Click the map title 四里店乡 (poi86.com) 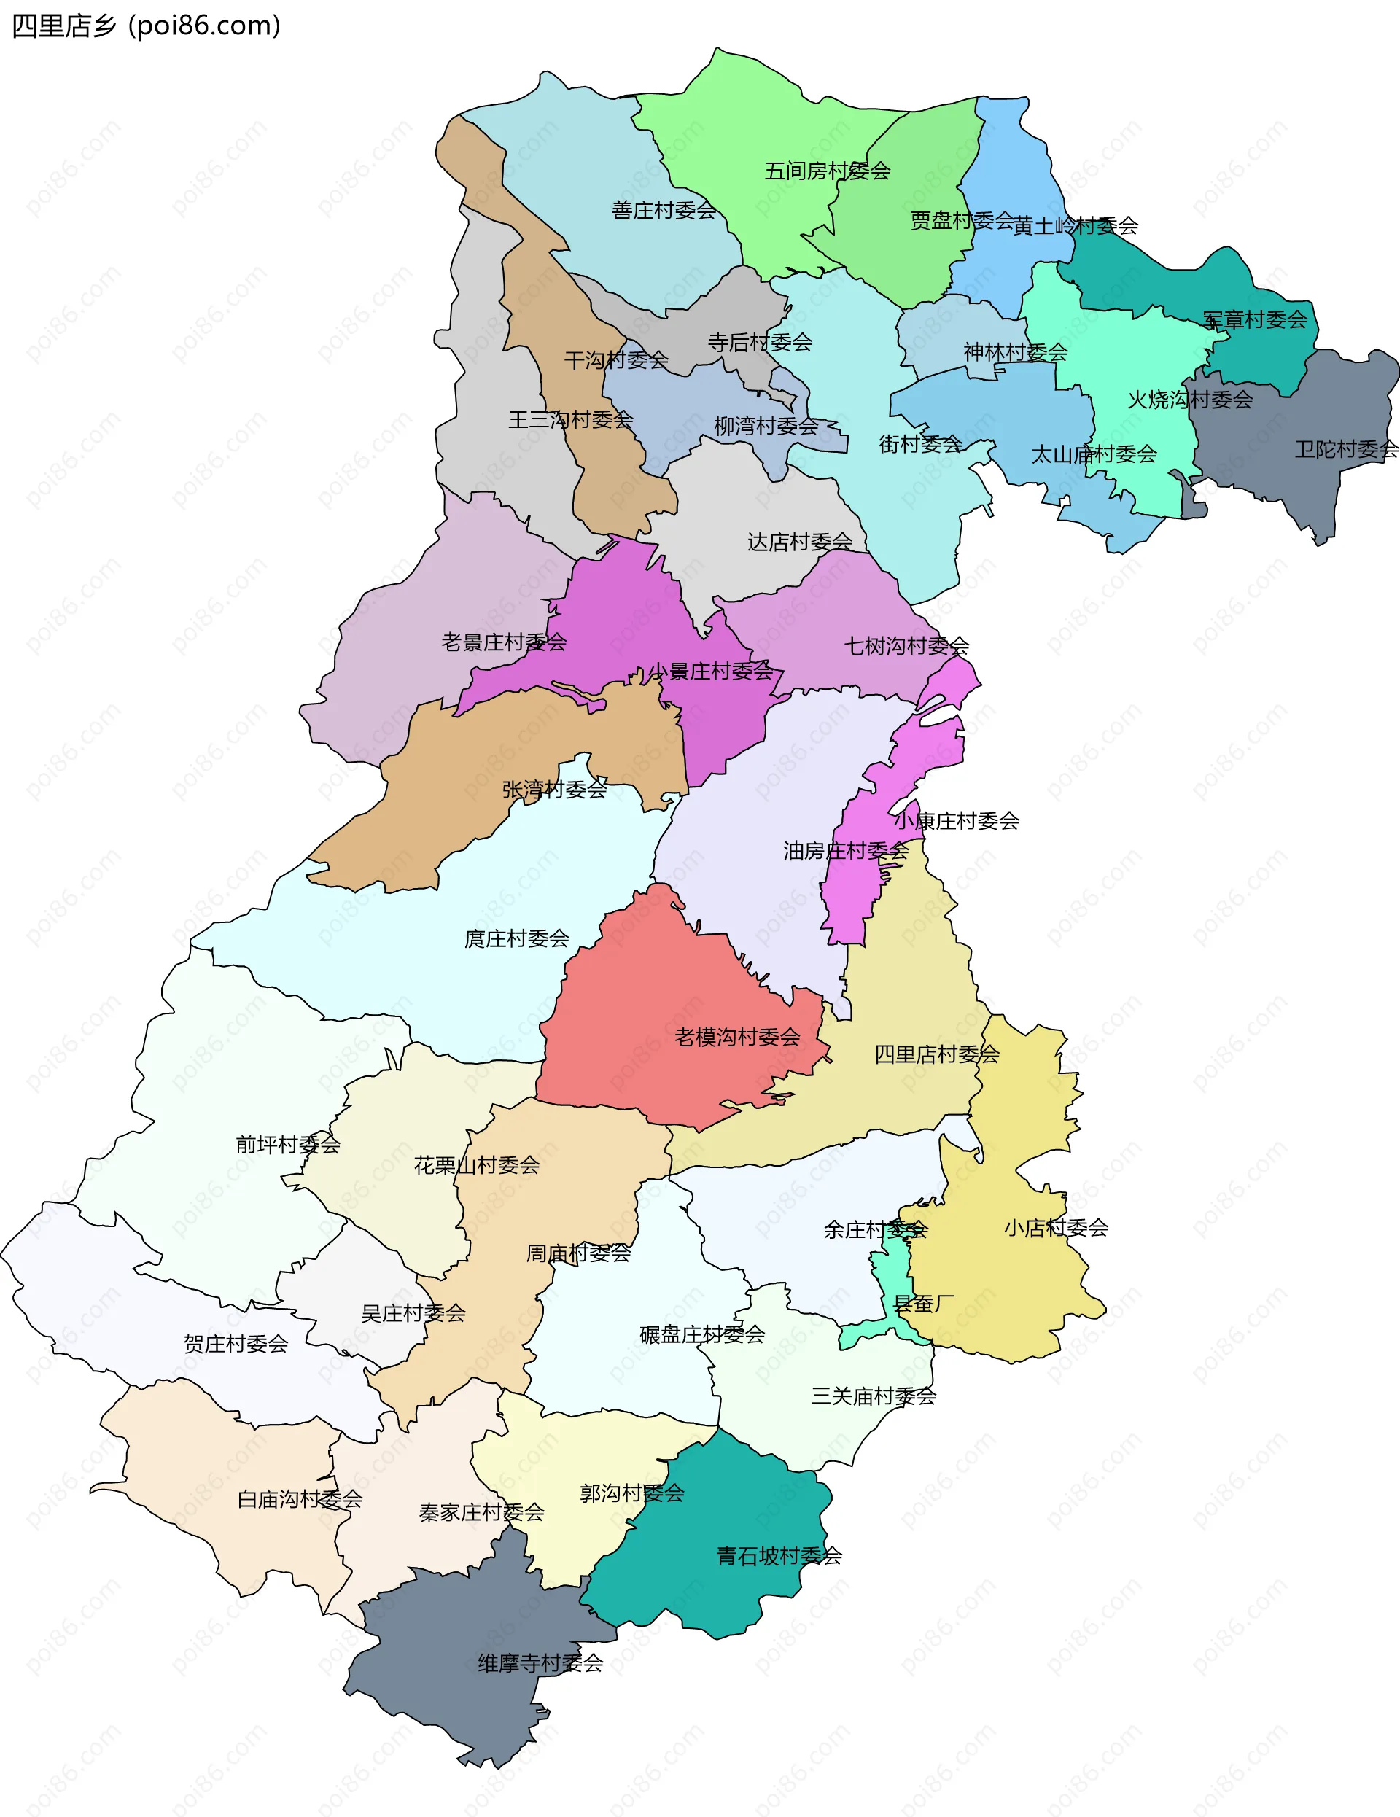click(x=147, y=27)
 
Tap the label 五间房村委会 click(x=827, y=171)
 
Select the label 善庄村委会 click(x=664, y=211)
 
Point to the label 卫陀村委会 click(x=1346, y=450)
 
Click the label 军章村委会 click(x=1254, y=320)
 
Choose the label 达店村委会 click(x=799, y=542)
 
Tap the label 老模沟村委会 click(x=737, y=1038)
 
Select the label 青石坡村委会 click(x=779, y=1556)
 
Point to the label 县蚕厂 click(x=922, y=1304)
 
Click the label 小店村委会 click(x=1056, y=1228)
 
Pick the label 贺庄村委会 click(x=236, y=1344)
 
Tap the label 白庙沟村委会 click(x=300, y=1499)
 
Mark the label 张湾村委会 click(x=554, y=790)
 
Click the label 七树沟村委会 click(x=906, y=645)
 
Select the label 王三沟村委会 click(x=571, y=420)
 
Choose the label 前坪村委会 click(x=288, y=1145)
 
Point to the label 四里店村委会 click(x=937, y=1055)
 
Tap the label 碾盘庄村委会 click(x=702, y=1334)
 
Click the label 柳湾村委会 click(x=766, y=427)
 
